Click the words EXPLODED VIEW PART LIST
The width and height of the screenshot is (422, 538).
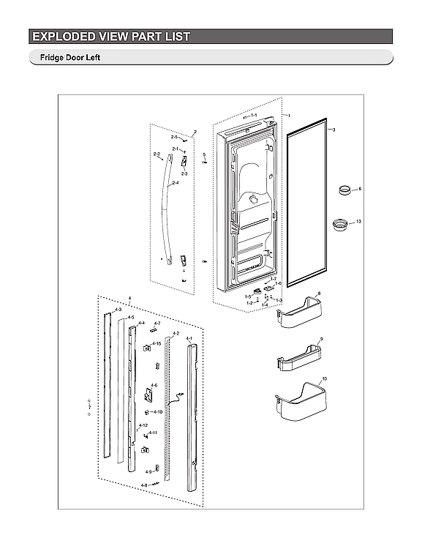click(110, 37)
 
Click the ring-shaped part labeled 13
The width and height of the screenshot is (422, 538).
click(339, 223)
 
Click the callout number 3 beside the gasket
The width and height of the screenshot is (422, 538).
click(334, 130)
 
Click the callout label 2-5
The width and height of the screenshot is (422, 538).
click(174, 137)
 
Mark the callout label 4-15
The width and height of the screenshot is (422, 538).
click(157, 343)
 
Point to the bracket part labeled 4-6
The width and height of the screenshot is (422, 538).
click(149, 395)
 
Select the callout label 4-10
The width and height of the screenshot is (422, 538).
click(158, 412)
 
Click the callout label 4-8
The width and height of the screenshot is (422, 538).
click(144, 485)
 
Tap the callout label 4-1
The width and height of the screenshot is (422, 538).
click(189, 339)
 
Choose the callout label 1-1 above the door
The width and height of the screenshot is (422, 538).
click(253, 116)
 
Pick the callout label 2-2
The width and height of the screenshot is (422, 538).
click(157, 154)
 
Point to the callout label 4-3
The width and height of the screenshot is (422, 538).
click(108, 311)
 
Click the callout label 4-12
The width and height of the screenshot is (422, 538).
click(144, 425)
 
